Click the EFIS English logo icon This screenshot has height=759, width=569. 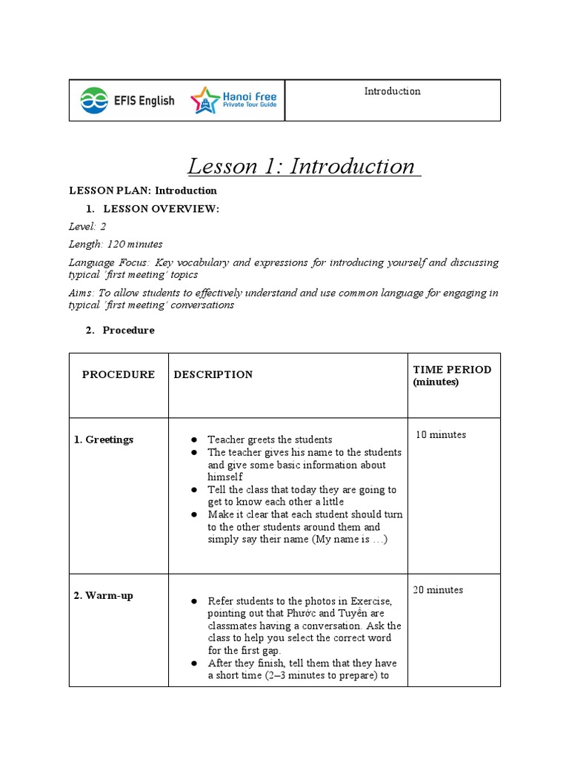pyautogui.click(x=93, y=100)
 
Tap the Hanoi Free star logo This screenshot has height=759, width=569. pyautogui.click(x=205, y=100)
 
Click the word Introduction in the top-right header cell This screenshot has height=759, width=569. pyautogui.click(x=392, y=91)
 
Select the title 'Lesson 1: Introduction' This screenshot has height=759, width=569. pyautogui.click(x=304, y=166)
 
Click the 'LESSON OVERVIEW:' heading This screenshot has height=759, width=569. pyautogui.click(x=161, y=209)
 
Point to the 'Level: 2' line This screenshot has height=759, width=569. pyautogui.click(x=87, y=227)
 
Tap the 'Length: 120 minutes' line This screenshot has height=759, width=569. pyautogui.click(x=116, y=244)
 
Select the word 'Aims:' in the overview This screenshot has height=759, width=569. pyautogui.click(x=81, y=293)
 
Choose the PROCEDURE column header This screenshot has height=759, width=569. pyautogui.click(x=119, y=374)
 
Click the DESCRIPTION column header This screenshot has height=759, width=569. pyautogui.click(x=213, y=374)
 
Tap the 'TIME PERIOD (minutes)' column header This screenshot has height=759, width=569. pyautogui.click(x=452, y=375)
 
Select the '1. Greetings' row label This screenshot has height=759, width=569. pyautogui.click(x=104, y=440)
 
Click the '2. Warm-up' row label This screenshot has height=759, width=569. pyautogui.click(x=104, y=595)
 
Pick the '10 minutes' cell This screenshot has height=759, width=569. pyautogui.click(x=441, y=434)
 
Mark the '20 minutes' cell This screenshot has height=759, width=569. pyautogui.click(x=438, y=590)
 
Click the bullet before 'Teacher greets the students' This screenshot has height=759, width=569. pyautogui.click(x=193, y=440)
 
